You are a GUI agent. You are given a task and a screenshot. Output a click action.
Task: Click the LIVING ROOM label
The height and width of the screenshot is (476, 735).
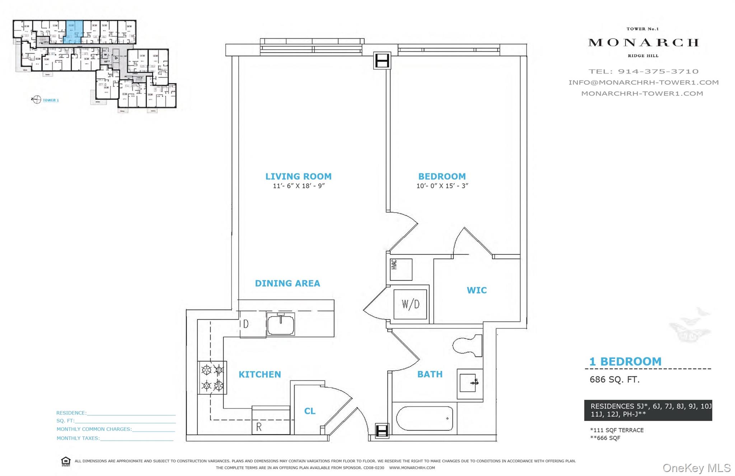point(298,176)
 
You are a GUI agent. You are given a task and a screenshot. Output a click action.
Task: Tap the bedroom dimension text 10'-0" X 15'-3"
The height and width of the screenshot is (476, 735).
point(442,186)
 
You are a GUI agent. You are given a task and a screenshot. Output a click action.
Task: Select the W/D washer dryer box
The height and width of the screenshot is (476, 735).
point(411,304)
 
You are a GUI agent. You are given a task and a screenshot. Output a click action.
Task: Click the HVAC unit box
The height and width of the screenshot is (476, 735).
point(401,269)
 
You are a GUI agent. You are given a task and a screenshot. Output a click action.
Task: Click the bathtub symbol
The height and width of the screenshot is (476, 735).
point(424,419)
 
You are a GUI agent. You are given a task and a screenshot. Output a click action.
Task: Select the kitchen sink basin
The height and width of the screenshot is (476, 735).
point(281,324)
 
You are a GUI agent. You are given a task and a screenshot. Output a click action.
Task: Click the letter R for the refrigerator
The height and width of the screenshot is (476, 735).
point(259,427)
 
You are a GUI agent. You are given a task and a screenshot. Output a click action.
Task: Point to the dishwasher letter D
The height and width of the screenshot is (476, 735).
point(246,324)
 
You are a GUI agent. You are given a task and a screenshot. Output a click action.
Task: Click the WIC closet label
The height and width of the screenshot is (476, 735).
point(477,290)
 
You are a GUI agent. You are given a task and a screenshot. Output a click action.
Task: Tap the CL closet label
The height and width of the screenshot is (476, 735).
point(310,411)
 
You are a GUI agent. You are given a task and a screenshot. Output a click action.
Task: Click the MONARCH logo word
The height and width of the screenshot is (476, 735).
point(643,43)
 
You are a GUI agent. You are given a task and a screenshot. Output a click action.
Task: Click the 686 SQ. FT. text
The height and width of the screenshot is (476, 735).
point(614,379)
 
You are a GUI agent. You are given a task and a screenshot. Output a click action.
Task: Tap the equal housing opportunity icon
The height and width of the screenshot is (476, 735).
point(66,461)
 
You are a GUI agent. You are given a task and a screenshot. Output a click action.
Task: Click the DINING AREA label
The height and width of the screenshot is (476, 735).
point(287,283)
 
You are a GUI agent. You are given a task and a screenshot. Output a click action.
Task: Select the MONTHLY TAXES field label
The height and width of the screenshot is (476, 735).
point(78,438)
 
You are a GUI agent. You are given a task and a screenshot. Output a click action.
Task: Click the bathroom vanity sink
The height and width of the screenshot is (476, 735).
point(470,383)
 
